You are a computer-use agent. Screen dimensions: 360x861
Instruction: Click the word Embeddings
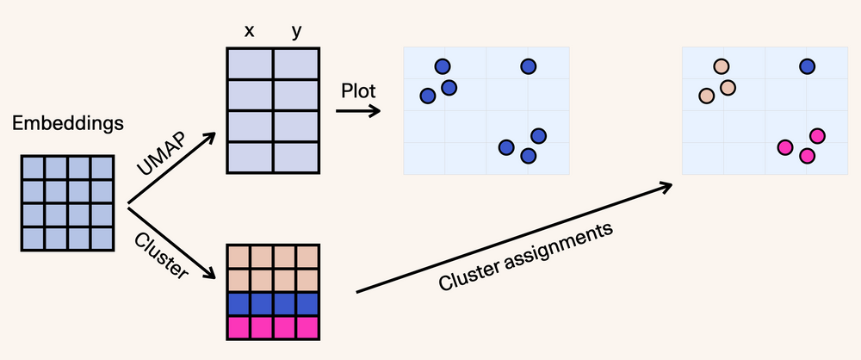pyautogui.click(x=67, y=125)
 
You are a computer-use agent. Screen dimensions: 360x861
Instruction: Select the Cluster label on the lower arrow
pyautogui.click(x=162, y=254)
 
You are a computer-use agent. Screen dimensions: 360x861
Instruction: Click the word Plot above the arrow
pyautogui.click(x=359, y=90)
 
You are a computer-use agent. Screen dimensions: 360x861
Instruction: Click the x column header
pyautogui.click(x=250, y=31)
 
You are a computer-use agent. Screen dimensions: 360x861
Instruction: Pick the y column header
pyautogui.click(x=296, y=31)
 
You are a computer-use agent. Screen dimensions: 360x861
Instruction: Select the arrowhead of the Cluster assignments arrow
pyautogui.click(x=668, y=185)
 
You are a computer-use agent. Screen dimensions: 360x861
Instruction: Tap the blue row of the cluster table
pyautogui.click(x=273, y=304)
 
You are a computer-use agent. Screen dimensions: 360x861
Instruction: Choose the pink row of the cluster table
pyautogui.click(x=273, y=327)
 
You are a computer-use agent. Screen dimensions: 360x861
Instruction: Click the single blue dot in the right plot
pyautogui.click(x=807, y=66)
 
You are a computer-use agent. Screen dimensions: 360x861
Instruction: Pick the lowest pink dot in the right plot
pyautogui.click(x=807, y=156)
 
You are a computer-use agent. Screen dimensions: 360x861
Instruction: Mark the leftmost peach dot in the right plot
pyautogui.click(x=707, y=96)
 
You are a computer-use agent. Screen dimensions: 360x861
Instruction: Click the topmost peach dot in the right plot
pyautogui.click(x=722, y=66)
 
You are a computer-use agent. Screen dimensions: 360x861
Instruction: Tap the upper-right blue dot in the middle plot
pyautogui.click(x=529, y=66)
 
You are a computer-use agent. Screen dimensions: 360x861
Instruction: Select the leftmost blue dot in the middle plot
pyautogui.click(x=428, y=96)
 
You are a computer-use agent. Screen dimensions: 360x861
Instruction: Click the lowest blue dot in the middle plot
pyautogui.click(x=529, y=156)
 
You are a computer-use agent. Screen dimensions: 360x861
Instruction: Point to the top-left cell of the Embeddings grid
pyautogui.click(x=33, y=168)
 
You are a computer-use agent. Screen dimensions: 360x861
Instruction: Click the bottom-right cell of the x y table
pyautogui.click(x=296, y=158)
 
